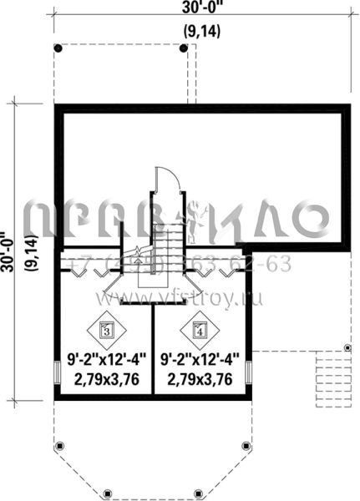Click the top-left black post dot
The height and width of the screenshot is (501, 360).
[x=56, y=48]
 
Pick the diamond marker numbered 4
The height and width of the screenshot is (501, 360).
[x=199, y=329]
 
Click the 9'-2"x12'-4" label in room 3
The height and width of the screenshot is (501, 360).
[x=106, y=362]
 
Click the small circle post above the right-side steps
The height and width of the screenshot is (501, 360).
[x=347, y=347]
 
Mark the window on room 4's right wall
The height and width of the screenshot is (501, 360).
[x=249, y=373]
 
